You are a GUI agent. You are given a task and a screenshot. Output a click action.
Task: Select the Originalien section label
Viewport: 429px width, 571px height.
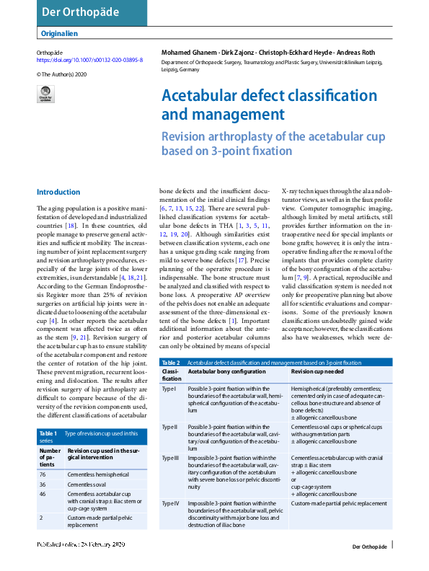click(x=58, y=33)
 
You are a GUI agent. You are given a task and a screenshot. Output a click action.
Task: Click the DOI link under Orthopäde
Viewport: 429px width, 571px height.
click(x=89, y=61)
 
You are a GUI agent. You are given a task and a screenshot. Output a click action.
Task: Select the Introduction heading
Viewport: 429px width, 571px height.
click(x=58, y=192)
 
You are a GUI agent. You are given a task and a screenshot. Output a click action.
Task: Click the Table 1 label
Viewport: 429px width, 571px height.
click(x=47, y=433)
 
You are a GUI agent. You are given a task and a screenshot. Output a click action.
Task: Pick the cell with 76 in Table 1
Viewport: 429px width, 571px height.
click(x=43, y=475)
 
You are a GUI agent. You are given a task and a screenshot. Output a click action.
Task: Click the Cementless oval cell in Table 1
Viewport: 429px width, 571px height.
click(x=91, y=484)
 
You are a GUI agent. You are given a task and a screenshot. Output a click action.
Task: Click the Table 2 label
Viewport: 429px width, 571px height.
click(x=171, y=363)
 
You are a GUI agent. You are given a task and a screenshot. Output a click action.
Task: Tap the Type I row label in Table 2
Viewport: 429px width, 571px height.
click(x=169, y=389)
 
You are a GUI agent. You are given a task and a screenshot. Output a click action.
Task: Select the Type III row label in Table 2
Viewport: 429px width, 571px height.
click(x=171, y=458)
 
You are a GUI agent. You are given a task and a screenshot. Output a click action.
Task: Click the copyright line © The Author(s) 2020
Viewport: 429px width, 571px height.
click(x=62, y=74)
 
